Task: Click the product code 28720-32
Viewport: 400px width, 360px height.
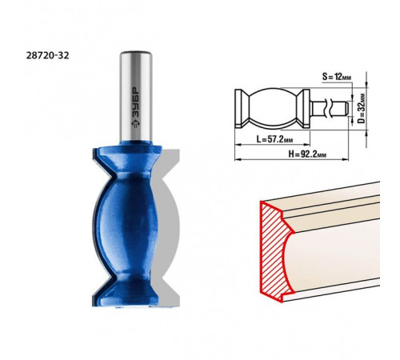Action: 47,55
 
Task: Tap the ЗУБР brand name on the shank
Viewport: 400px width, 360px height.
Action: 136,102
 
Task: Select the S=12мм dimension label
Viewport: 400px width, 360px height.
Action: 337,77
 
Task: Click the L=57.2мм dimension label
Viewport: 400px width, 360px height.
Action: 274,139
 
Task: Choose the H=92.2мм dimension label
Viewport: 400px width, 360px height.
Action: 307,154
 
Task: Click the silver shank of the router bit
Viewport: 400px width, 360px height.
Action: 136,96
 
